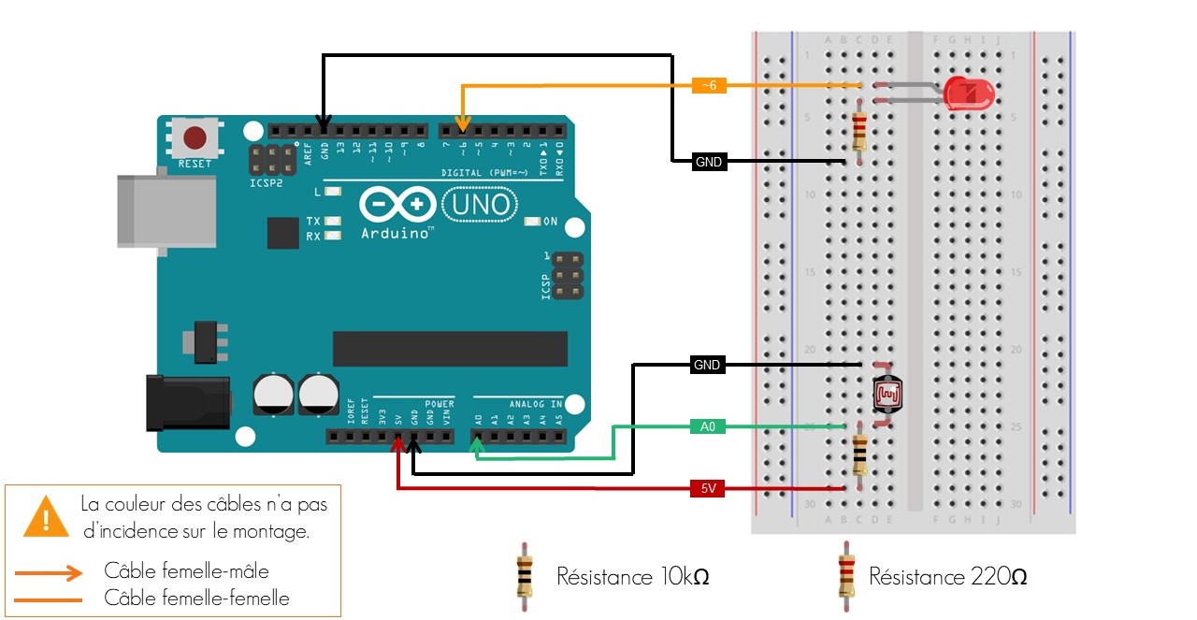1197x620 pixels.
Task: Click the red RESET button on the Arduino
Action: tap(195, 139)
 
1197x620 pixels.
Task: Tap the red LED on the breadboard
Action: tap(968, 94)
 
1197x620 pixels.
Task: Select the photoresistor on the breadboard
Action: tap(887, 395)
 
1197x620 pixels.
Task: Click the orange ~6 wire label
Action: tap(709, 85)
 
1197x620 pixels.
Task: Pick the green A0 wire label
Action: tap(708, 426)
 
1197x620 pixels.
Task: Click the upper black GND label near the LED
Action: tap(709, 162)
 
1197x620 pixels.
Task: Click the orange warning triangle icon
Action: tap(41, 516)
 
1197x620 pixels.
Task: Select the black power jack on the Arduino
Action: tap(188, 403)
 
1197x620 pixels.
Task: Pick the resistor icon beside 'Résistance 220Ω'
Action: tap(845, 576)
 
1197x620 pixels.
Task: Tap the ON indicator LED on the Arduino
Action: tap(533, 222)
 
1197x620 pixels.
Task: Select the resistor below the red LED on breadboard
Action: tap(859, 131)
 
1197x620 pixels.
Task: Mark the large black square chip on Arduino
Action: tap(282, 233)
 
